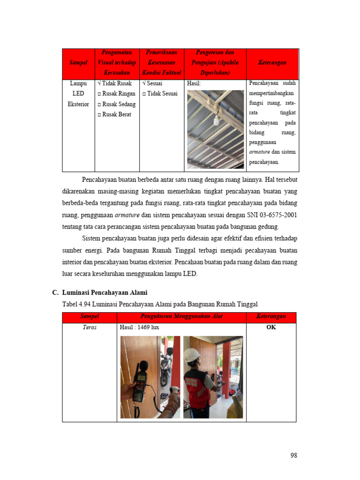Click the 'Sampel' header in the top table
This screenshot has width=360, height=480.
pos(78,63)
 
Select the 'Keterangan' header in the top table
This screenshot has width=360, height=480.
pos(272,63)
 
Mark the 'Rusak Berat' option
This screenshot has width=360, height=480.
pos(114,114)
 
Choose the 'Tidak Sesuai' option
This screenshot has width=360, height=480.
pos(160,94)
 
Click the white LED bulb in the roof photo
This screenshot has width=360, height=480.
pos(217,121)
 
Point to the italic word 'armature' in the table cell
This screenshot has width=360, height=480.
pos(260,152)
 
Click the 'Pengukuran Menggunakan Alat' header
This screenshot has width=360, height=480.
pos(182,317)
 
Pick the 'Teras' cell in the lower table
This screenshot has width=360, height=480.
pos(90,327)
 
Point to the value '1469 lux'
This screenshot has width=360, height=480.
pos(148,327)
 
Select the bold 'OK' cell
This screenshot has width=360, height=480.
pos(271,327)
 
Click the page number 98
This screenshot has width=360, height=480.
pos(293,455)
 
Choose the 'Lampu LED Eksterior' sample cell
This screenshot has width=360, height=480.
pos(78,94)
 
